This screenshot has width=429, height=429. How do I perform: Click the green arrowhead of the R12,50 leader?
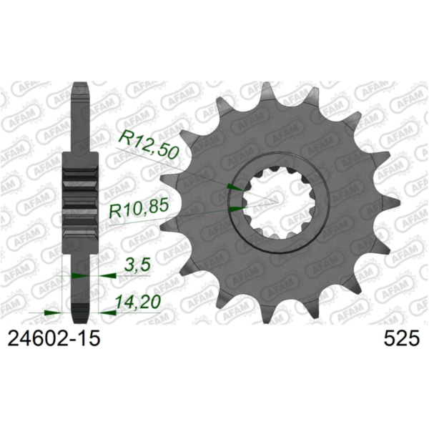[x=232, y=187]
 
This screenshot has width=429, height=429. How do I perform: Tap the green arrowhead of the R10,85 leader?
[x=236, y=209]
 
